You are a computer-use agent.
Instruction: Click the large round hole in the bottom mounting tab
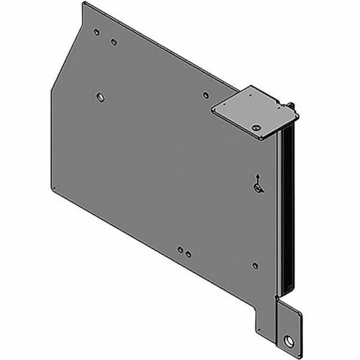click(x=289, y=320)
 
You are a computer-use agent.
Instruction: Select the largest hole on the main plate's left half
click(x=99, y=96)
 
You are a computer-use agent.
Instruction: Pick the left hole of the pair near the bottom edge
click(x=180, y=251)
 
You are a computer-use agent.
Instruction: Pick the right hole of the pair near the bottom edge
click(x=188, y=254)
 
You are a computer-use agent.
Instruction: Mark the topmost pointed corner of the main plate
click(x=85, y=3)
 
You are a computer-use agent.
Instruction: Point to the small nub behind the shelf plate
click(x=294, y=104)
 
